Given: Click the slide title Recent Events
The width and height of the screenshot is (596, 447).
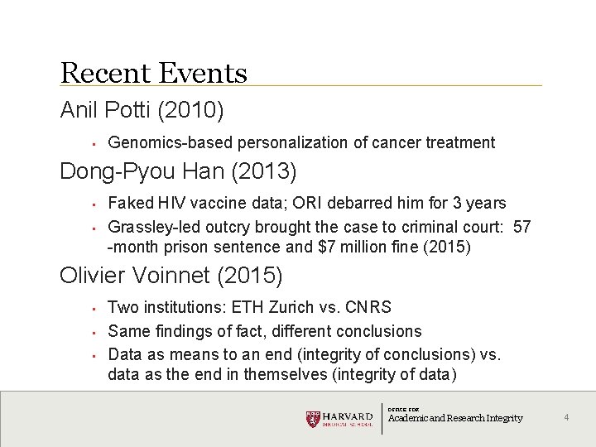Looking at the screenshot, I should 154,73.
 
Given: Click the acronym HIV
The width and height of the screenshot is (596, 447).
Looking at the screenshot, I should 173,203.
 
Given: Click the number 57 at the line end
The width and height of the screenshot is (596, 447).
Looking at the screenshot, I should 522,227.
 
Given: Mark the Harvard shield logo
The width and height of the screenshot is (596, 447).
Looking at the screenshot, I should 312,419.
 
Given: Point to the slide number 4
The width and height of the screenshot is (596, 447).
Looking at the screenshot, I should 566,417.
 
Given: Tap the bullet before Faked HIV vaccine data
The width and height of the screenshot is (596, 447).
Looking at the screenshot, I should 96,204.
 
